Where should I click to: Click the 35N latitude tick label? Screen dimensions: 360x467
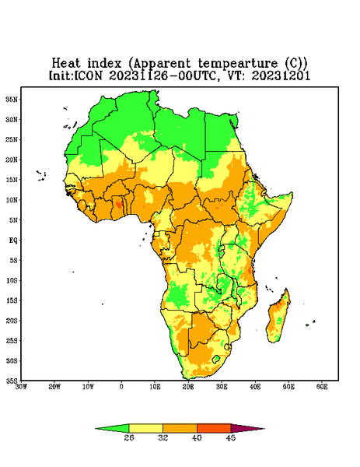[x=12, y=100]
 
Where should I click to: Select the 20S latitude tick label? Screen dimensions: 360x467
[x=12, y=321]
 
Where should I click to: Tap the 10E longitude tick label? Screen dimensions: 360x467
[x=155, y=387]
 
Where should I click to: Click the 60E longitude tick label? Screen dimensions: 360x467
[x=322, y=387]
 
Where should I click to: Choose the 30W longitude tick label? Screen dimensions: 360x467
[x=21, y=387]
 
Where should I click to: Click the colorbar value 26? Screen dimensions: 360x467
[x=129, y=437]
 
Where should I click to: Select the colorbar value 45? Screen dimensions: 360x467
[x=231, y=437]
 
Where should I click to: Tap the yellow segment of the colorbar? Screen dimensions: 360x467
[x=145, y=428]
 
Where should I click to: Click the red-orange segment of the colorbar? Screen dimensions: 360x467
[x=214, y=428]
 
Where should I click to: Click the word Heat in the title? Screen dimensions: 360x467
[x=66, y=64]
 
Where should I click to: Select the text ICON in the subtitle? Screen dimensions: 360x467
[x=88, y=75]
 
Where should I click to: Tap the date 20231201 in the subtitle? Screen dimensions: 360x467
[x=281, y=75]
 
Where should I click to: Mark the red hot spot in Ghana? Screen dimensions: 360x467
[x=119, y=205]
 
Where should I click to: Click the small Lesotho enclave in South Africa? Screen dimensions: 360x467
[x=216, y=359]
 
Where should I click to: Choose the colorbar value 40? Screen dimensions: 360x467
[x=197, y=437]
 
